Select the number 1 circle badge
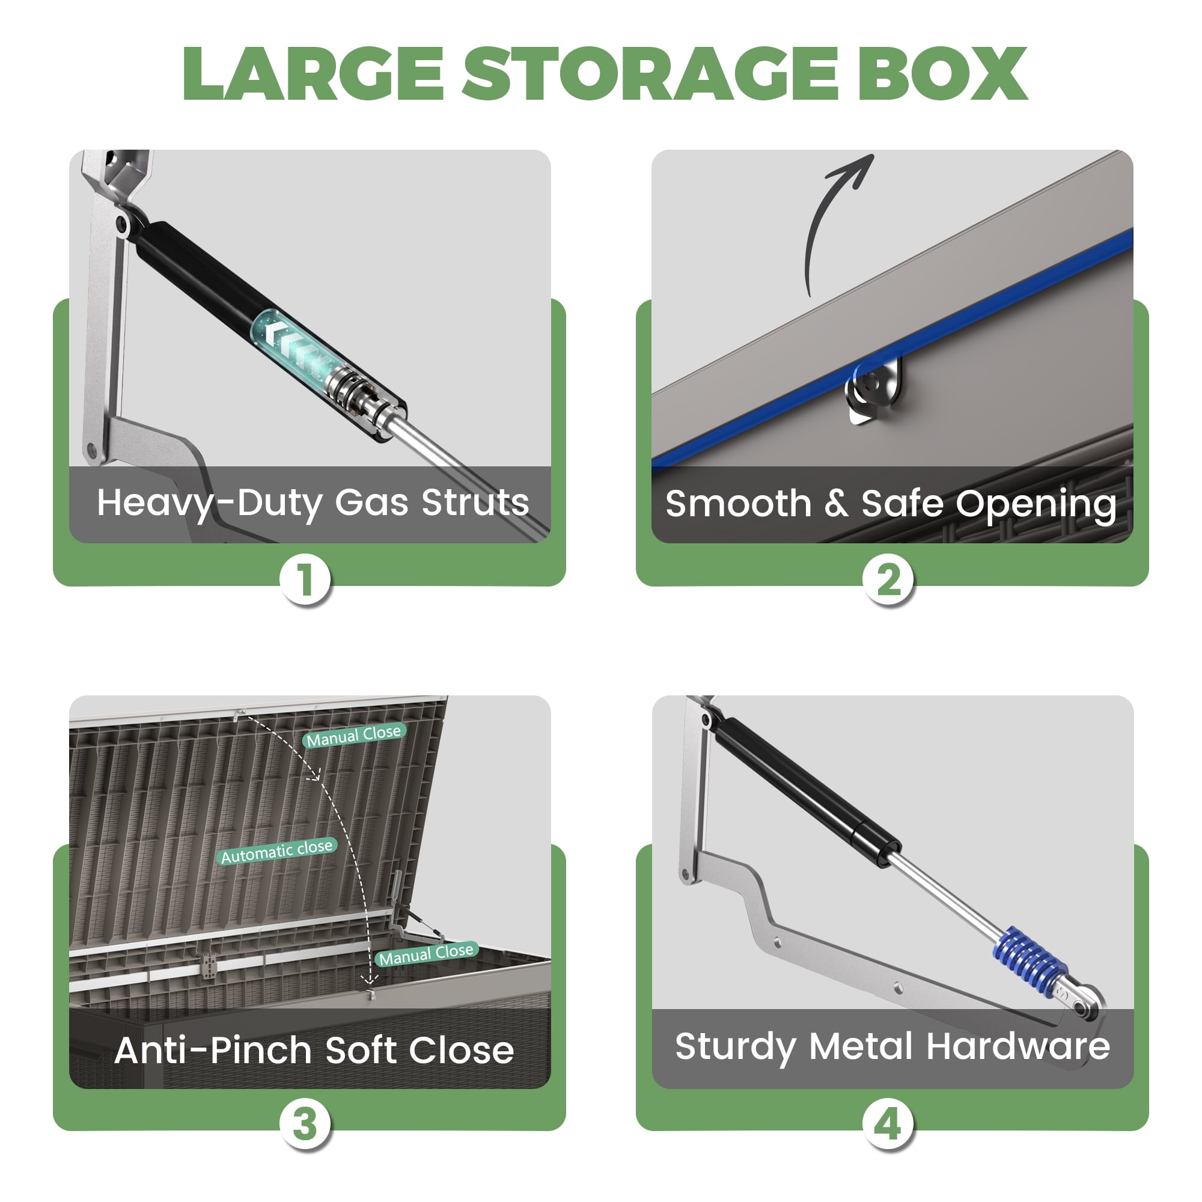(305, 580)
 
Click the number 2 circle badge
(888, 580)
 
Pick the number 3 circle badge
(305, 1125)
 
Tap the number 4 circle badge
(888, 1125)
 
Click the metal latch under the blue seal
(872, 391)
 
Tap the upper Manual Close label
(354, 736)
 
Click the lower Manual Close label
(427, 954)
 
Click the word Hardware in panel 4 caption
(1018, 1046)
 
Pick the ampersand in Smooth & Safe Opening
(836, 503)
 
